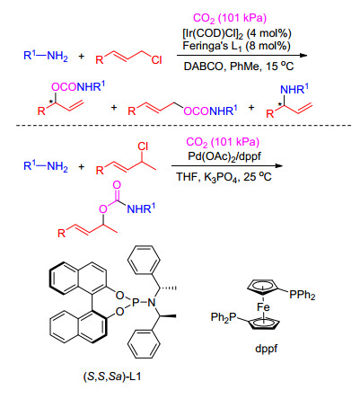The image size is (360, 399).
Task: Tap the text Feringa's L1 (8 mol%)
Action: (x=236, y=47)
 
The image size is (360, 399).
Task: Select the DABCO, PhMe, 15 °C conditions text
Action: (x=239, y=66)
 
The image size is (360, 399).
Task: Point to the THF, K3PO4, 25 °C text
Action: (x=224, y=177)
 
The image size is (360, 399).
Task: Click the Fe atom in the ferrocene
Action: (x=263, y=307)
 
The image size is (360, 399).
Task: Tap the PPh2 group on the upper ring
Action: (x=303, y=295)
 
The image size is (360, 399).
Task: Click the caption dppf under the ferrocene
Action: (x=266, y=349)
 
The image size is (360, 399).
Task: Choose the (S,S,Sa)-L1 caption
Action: (x=112, y=377)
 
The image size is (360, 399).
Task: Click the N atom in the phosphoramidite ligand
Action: (x=152, y=303)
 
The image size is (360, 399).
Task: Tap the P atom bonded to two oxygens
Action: (x=136, y=303)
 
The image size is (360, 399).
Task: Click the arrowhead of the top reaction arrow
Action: (x=303, y=56)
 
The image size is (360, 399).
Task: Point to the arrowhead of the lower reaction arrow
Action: (x=278, y=165)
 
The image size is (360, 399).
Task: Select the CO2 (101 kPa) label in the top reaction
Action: (x=230, y=18)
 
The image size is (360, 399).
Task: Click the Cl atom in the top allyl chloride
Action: (x=156, y=60)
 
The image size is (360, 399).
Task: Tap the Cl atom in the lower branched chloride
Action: (x=143, y=146)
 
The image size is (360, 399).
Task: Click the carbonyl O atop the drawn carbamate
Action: (x=117, y=185)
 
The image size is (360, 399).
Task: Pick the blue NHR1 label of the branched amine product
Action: (x=294, y=90)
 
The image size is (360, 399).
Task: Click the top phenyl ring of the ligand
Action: (x=144, y=260)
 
